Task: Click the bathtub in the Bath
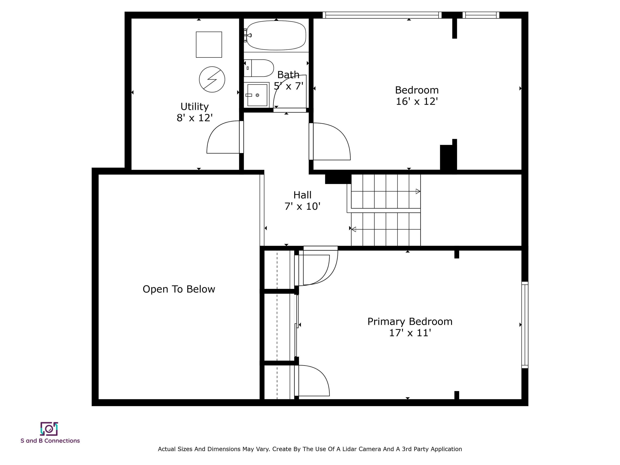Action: tap(276, 36)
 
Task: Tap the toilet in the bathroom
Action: tap(258, 68)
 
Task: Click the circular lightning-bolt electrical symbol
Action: tap(212, 79)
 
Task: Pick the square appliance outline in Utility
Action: tap(209, 45)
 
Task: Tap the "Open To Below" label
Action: tap(179, 289)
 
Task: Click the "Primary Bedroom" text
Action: tap(410, 322)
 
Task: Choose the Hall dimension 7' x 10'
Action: tap(303, 206)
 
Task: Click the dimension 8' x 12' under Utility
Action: tap(195, 118)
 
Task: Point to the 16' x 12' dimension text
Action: tap(417, 101)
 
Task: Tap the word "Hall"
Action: tap(303, 195)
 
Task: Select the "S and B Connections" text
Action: tap(50, 441)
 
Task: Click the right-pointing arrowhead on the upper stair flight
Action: tap(418, 192)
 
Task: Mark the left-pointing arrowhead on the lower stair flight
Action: tap(354, 229)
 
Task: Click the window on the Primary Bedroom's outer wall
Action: tap(525, 325)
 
